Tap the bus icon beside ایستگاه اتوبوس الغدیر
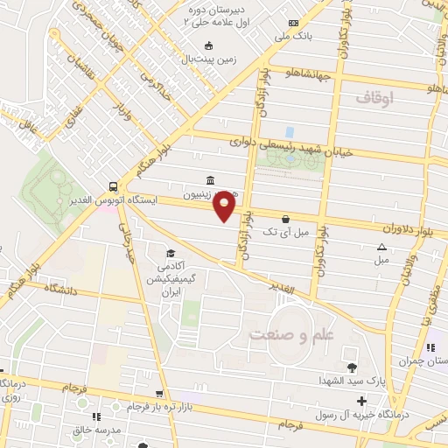pyautogui.click(x=114, y=187)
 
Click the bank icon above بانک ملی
pyautogui.click(x=293, y=23)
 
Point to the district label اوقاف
pyautogui.click(x=375, y=98)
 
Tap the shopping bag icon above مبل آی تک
pyautogui.click(x=285, y=220)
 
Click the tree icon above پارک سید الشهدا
pyautogui.click(x=352, y=367)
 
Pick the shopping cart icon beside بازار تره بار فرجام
pyautogui.click(x=158, y=395)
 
